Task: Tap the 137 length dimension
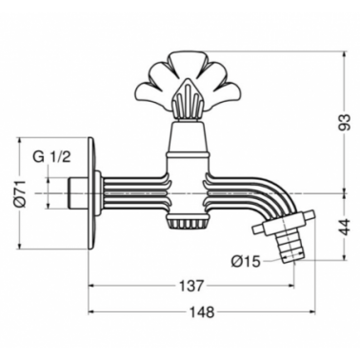tap(190, 286)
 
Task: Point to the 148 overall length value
tap(202, 312)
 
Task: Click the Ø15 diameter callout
tap(246, 262)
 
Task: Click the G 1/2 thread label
tap(51, 157)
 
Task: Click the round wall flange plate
tap(92, 192)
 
